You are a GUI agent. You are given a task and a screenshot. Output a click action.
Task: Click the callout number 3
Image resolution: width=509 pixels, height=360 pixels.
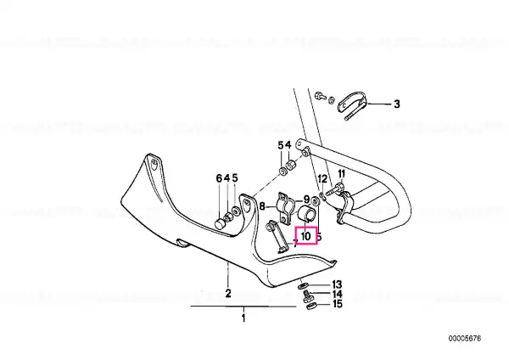pos(397,104)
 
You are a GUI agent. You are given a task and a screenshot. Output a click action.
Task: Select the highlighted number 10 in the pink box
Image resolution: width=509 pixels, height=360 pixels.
pos(305,237)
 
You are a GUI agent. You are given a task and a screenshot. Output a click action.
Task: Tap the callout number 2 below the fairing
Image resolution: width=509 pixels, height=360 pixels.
pos(228,293)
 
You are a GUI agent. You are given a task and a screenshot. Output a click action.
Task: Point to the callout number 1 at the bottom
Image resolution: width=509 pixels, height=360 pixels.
pos(243,318)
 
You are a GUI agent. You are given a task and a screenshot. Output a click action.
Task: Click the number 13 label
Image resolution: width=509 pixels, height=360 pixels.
pos(337,284)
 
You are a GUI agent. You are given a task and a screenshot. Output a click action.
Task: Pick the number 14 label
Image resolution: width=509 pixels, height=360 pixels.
pos(337,295)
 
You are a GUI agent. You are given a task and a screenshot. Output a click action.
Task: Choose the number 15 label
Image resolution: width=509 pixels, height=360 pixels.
pos(338,304)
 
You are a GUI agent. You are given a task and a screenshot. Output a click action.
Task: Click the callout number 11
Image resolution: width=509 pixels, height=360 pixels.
pos(341,174)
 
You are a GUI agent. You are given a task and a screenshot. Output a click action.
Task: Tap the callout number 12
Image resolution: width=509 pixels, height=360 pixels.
pos(322,178)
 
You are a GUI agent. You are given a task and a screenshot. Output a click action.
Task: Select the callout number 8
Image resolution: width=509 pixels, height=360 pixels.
pos(262,206)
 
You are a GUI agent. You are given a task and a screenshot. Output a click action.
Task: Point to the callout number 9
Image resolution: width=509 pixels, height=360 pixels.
pos(306,200)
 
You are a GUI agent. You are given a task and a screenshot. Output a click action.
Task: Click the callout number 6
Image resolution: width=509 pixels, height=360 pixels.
pos(219,178)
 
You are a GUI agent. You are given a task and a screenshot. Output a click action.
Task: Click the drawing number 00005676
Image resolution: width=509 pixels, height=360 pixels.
pos(465,339)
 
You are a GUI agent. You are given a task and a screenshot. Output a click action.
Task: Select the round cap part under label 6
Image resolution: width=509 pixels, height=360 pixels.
pos(221,224)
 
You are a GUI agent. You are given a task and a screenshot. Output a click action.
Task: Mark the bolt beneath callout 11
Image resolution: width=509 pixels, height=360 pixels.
pos(334,189)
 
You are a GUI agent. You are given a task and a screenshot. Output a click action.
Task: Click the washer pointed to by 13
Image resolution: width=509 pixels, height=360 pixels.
pos(303,286)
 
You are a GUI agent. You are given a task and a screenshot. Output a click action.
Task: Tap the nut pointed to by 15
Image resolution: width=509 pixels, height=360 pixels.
pos(311,306)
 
